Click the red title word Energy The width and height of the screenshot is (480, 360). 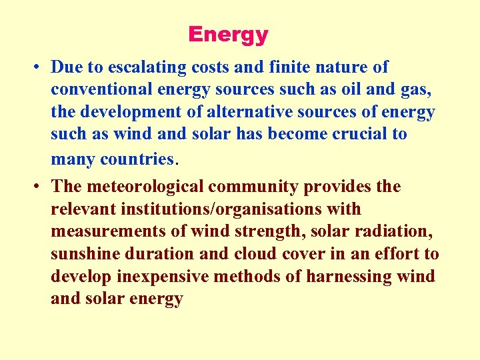coord(228,35)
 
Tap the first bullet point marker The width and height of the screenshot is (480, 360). coord(33,67)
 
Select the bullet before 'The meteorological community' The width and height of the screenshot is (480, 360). coord(33,187)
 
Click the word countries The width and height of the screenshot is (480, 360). coord(137,159)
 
